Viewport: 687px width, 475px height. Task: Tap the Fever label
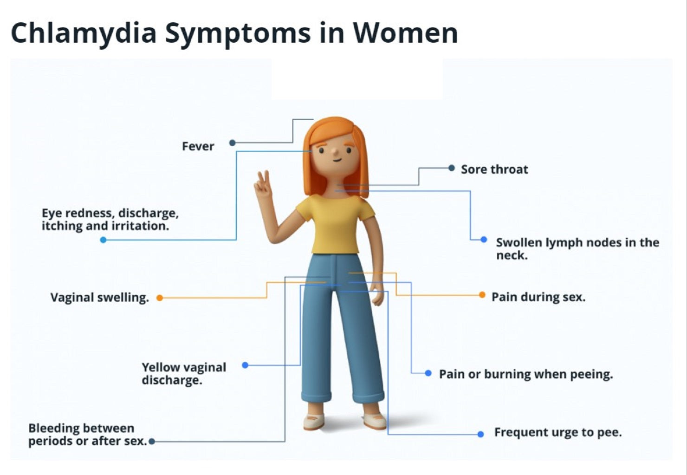tap(198, 146)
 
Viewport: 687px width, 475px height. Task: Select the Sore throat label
tap(494, 169)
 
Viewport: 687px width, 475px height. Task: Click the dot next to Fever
tap(233, 143)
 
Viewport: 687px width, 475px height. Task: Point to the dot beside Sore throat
tap(452, 168)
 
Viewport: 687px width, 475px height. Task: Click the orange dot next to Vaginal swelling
tap(160, 298)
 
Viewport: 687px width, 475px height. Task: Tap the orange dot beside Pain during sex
tap(482, 295)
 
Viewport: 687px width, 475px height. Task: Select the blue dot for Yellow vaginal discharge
tap(246, 365)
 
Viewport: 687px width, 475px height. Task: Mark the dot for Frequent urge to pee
tap(481, 434)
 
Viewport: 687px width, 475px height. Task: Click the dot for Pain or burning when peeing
tap(428, 373)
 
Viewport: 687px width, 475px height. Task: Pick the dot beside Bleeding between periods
tap(152, 442)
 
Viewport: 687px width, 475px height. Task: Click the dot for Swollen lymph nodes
tap(484, 240)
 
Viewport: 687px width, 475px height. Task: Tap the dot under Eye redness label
tap(104, 240)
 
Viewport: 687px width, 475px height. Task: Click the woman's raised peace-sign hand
tap(263, 186)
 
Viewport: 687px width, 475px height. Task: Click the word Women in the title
tap(405, 33)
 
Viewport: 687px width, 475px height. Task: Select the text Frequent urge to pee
tap(557, 433)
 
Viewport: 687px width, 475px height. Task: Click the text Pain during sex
tap(538, 297)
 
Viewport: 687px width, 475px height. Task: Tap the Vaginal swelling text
tap(99, 298)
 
